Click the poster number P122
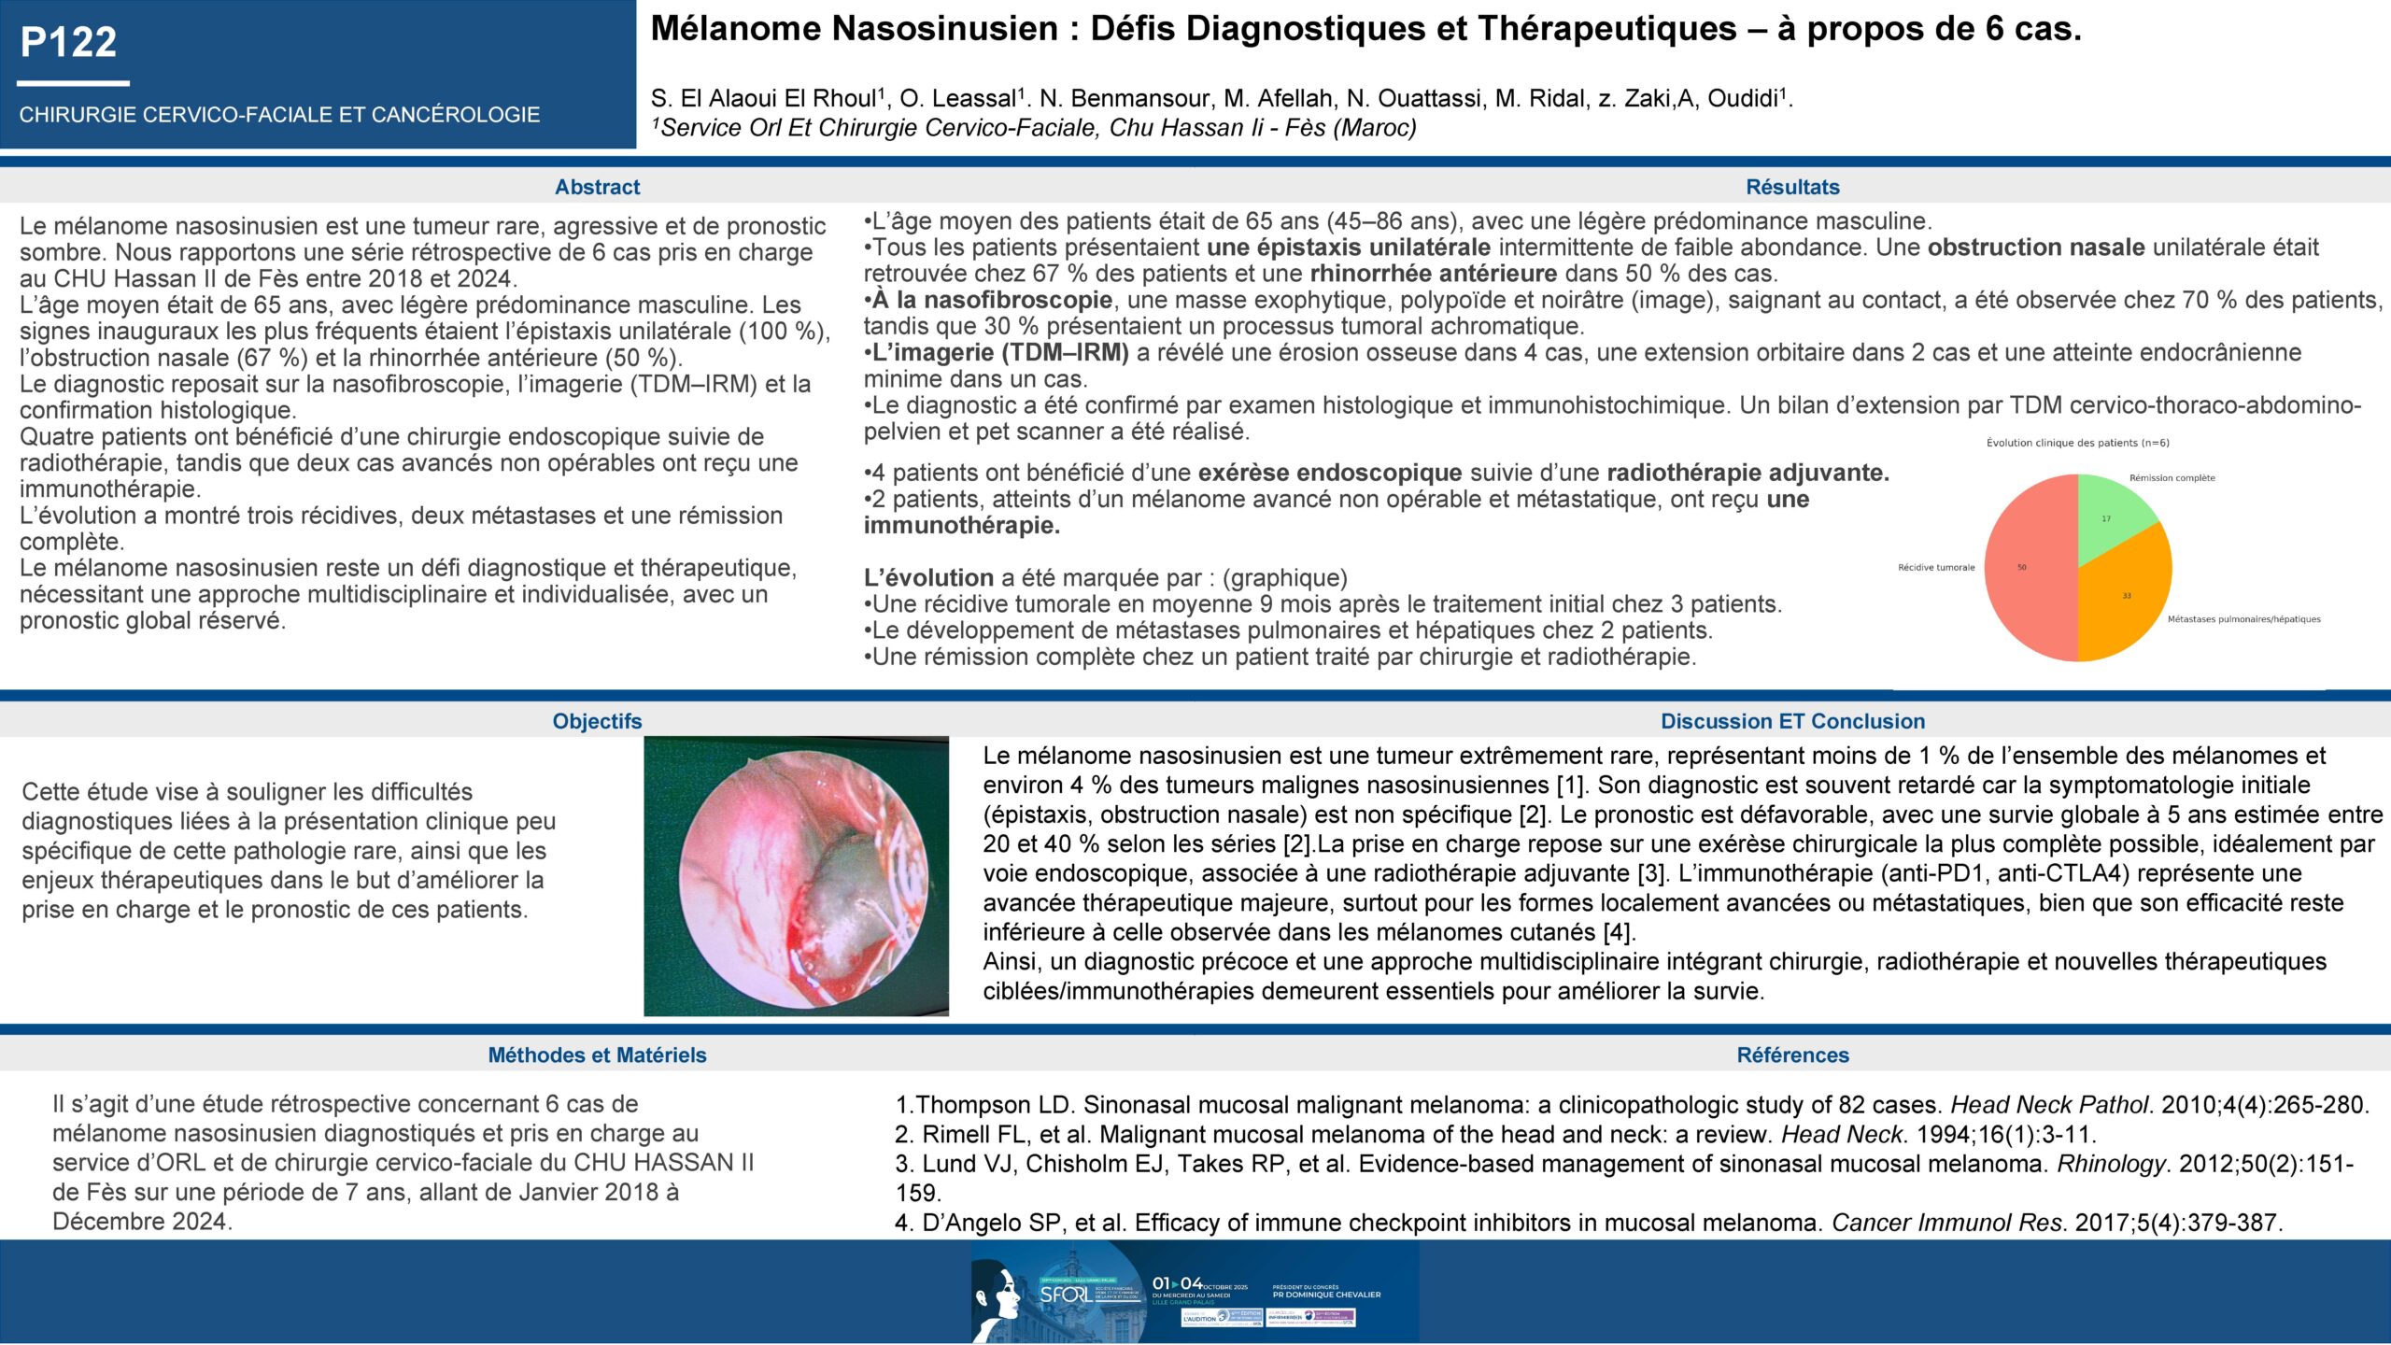coord(68,42)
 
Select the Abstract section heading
coord(597,187)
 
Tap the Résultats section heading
coord(1792,187)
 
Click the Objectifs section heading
coord(597,721)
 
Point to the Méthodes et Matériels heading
coord(597,1055)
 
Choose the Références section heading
coord(1792,1055)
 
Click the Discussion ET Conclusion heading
coord(1792,721)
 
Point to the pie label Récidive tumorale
coord(1936,567)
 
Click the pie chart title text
coord(2074,443)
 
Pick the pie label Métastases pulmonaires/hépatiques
coord(2243,619)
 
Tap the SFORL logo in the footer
coord(1065,1294)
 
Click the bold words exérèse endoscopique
coord(1329,473)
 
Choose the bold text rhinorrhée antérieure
coord(1433,274)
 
